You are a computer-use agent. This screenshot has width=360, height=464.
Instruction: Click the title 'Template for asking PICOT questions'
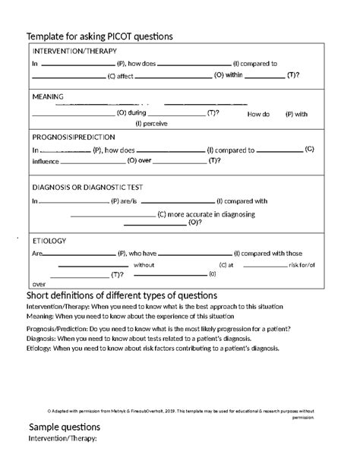(99, 36)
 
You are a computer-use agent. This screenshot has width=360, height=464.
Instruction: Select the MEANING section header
(47, 96)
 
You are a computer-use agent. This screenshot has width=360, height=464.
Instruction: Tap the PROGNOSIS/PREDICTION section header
(74, 137)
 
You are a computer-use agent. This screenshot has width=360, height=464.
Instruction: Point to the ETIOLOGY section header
(49, 241)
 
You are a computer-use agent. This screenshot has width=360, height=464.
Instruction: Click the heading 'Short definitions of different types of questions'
(122, 295)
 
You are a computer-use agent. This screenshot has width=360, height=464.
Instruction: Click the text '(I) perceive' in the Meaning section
(151, 123)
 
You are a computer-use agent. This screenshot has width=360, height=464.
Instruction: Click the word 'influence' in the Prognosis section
(44, 160)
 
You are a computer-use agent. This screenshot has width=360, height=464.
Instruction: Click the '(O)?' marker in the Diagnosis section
(194, 223)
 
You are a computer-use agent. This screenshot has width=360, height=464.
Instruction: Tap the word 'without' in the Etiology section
(144, 265)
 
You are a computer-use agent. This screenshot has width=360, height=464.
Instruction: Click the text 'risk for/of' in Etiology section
(302, 265)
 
